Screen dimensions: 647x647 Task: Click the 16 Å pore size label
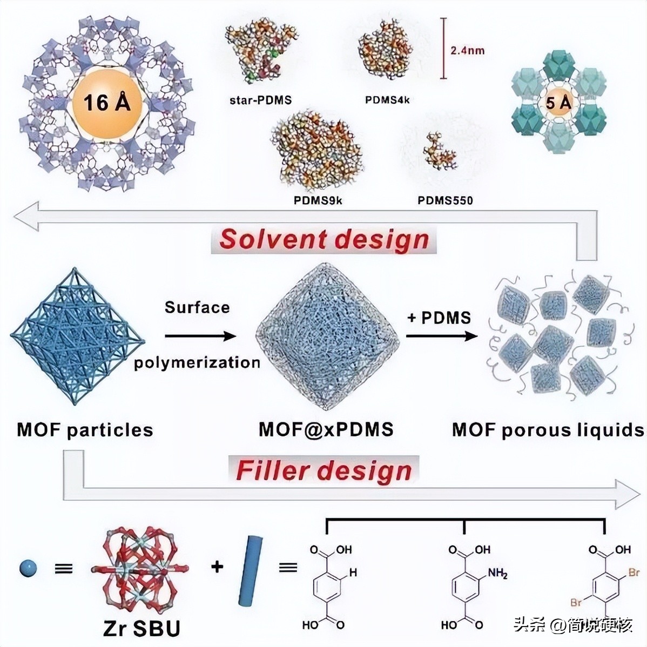coord(107,102)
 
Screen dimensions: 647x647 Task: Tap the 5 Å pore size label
coord(558,102)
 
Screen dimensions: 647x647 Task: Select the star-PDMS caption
coord(260,100)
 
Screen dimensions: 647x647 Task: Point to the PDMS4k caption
coord(387,100)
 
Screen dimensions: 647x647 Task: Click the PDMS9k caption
coord(318,200)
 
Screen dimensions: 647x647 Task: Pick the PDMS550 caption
coord(445,201)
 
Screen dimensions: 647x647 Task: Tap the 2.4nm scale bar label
coord(467,51)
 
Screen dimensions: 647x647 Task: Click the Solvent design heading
coord(324,239)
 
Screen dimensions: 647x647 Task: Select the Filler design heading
coord(324,470)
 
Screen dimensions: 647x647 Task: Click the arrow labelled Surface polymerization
coord(200,336)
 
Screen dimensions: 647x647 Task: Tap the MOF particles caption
coord(85,430)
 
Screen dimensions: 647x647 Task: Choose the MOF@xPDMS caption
coord(326,429)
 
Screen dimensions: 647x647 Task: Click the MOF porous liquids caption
coord(548,430)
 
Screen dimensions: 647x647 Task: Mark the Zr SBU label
coord(141,628)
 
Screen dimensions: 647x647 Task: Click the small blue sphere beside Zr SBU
coord(28,568)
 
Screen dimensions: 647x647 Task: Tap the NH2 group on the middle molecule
coord(497,574)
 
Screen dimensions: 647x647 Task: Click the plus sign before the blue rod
coord(217,567)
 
